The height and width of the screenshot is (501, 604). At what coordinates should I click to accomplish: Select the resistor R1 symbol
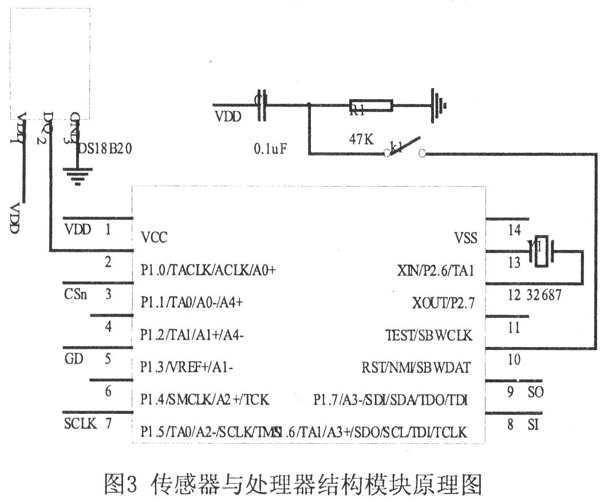[x=370, y=105]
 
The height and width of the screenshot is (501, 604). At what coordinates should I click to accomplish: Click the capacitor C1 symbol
[x=262, y=105]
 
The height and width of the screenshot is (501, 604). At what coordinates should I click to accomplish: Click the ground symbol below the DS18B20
[x=75, y=174]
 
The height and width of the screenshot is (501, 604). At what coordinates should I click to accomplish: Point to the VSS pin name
[x=465, y=238]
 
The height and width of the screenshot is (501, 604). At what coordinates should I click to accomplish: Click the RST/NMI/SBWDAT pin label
[x=416, y=367]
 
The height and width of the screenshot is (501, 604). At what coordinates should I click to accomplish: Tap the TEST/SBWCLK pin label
[x=429, y=335]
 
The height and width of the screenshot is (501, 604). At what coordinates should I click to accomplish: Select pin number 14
[x=514, y=230]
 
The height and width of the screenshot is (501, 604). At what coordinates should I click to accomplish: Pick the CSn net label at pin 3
[x=76, y=295]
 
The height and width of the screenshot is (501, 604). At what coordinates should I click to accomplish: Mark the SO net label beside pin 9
[x=535, y=393]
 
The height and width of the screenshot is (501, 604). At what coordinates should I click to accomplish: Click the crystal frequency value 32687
[x=543, y=295]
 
